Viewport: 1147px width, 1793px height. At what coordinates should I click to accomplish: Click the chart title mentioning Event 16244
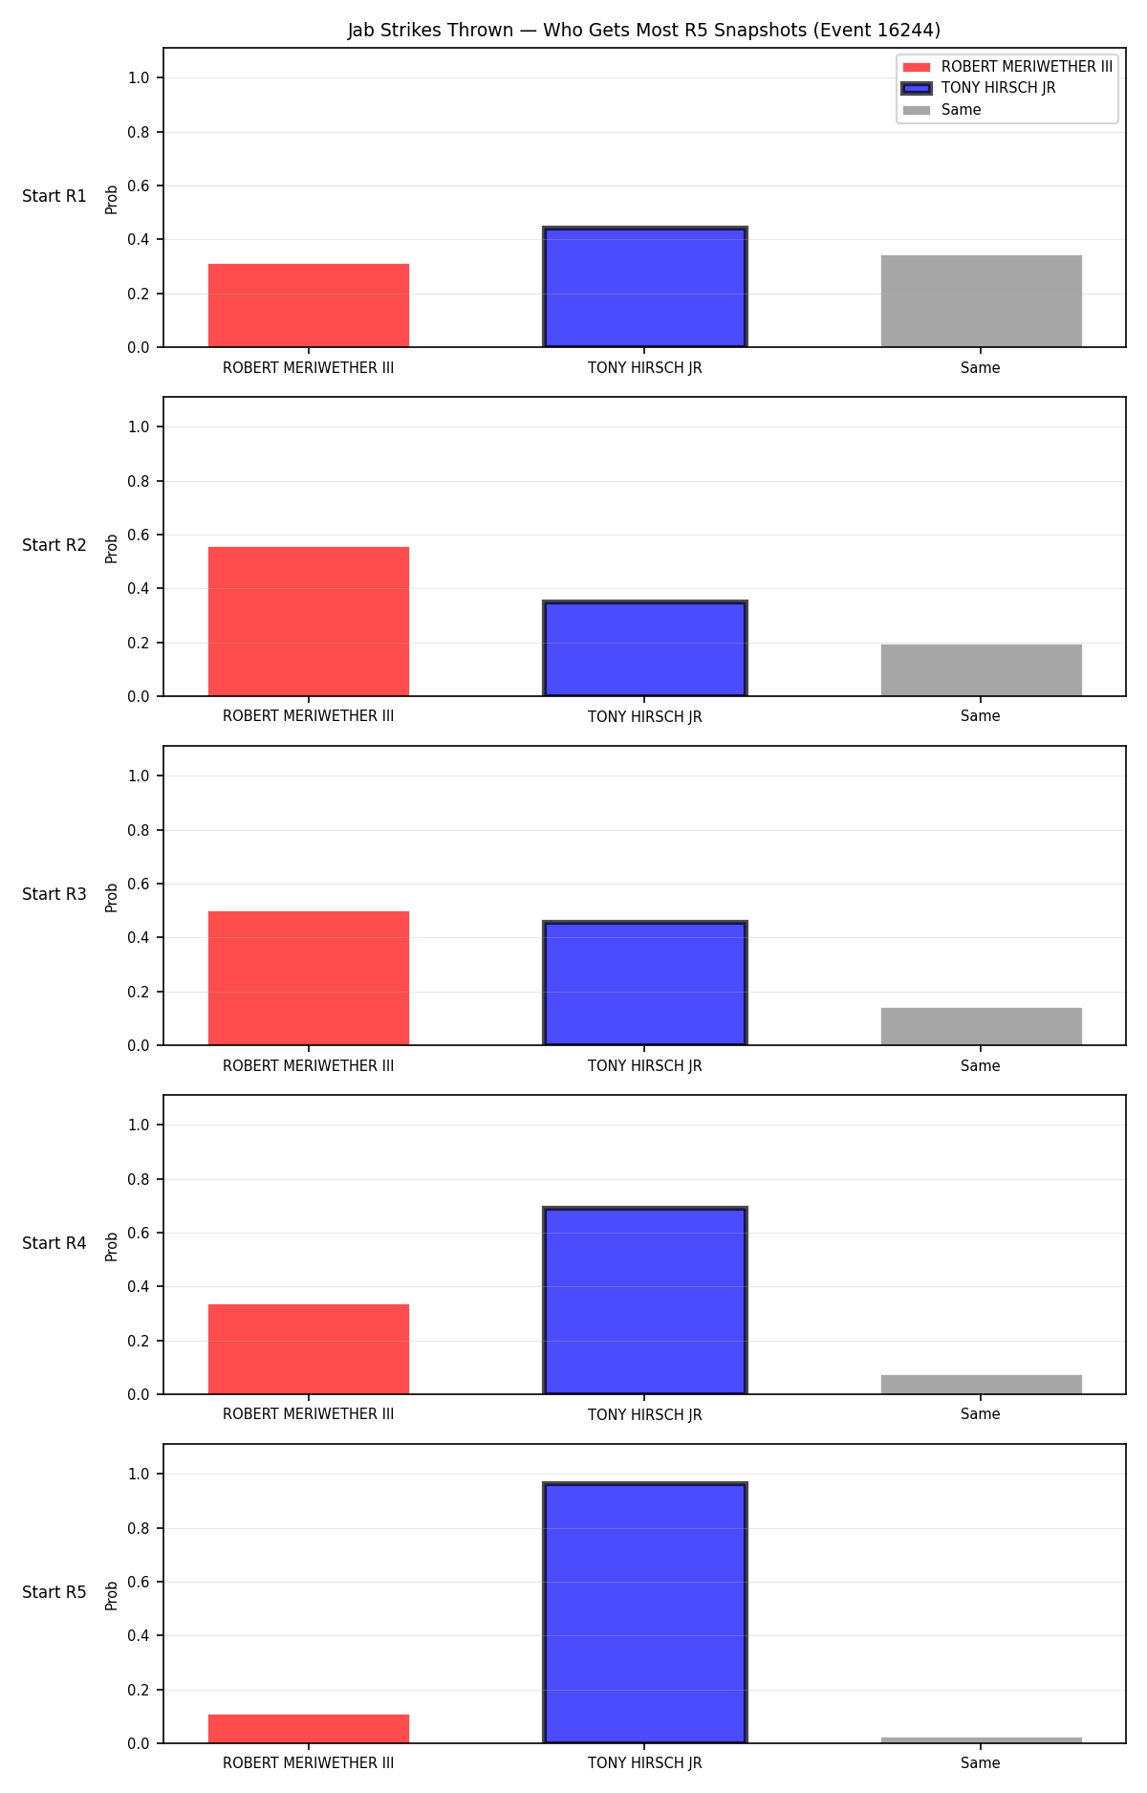[x=643, y=31]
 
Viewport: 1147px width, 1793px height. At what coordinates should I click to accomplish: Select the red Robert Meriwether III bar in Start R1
[x=309, y=305]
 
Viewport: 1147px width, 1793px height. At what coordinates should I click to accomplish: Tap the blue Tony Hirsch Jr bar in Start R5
[x=645, y=1612]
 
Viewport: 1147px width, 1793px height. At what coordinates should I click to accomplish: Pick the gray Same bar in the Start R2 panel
[x=982, y=670]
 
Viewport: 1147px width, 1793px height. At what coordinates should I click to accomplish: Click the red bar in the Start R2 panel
[x=309, y=622]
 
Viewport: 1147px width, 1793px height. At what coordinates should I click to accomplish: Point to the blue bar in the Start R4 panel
[x=645, y=1301]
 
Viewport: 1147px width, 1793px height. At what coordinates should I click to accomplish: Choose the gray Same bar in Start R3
[x=982, y=1026]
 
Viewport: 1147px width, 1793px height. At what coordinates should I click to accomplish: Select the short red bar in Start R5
[x=309, y=1729]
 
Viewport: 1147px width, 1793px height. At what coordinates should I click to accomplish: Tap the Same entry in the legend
[x=941, y=110]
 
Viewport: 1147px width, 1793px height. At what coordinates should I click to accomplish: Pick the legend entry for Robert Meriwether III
[x=1007, y=67]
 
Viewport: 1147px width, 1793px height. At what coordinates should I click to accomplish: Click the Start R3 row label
[x=54, y=894]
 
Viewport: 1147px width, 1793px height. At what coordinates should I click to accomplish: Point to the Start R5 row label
[x=54, y=1592]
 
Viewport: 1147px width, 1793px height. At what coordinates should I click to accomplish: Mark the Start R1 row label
[x=54, y=196]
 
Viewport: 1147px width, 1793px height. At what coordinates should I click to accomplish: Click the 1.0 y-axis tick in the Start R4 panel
[x=140, y=1125]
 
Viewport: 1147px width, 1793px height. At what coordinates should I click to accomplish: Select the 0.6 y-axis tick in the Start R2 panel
[x=140, y=535]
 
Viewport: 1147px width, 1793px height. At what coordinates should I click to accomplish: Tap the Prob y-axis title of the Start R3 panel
[x=112, y=897]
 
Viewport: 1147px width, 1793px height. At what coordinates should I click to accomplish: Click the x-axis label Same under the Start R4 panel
[x=981, y=1414]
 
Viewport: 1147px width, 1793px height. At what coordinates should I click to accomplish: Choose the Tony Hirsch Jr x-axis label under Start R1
[x=645, y=368]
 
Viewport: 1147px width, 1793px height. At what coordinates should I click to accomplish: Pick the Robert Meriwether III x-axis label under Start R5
[x=309, y=1763]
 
